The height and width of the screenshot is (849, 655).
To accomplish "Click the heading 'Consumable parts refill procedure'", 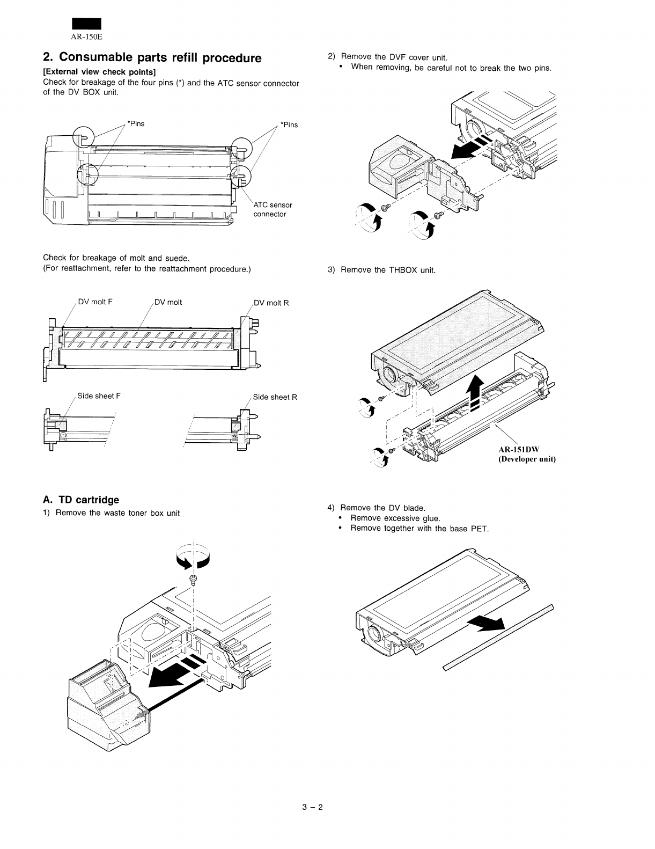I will pyautogui.click(x=152, y=57).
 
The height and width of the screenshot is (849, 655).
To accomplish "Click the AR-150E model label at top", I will pyautogui.click(x=87, y=36).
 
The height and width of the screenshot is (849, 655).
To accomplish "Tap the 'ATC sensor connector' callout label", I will pyautogui.click(x=273, y=209).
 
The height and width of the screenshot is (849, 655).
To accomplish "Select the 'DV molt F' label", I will pyautogui.click(x=95, y=302).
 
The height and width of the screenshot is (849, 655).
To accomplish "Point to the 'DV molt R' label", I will pyautogui.click(x=271, y=303).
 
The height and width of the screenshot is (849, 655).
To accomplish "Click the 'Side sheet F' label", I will pyautogui.click(x=99, y=396).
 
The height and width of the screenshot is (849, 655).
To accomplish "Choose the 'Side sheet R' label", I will pyautogui.click(x=275, y=397).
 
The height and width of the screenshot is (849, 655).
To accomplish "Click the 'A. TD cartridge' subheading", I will pyautogui.click(x=81, y=500).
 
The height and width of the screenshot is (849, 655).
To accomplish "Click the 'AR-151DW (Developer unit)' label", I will pyautogui.click(x=527, y=455).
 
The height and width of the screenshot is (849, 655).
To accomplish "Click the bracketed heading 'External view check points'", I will pyautogui.click(x=99, y=72).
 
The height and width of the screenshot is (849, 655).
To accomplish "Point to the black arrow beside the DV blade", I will pyautogui.click(x=487, y=624).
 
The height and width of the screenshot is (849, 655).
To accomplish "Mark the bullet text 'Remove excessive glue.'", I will pyautogui.click(x=395, y=518).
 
